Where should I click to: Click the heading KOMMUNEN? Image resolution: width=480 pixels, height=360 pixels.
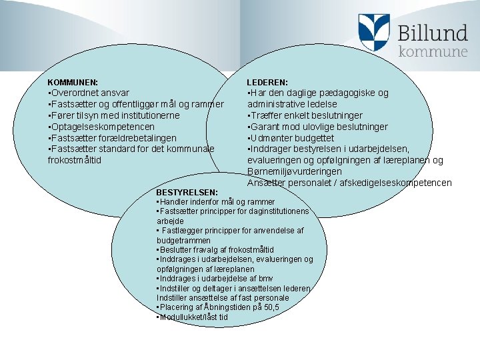pyautogui.click(x=73, y=82)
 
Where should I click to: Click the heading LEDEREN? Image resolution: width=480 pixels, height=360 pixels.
pyautogui.click(x=267, y=82)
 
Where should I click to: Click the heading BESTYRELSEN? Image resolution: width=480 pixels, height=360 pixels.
pyautogui.click(x=181, y=193)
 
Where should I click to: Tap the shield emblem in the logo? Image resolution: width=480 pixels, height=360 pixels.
pyautogui.click(x=374, y=33)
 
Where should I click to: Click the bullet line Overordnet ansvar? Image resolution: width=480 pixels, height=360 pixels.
pyautogui.click(x=89, y=93)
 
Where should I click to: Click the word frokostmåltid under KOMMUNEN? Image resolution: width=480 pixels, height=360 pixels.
pyautogui.click(x=74, y=160)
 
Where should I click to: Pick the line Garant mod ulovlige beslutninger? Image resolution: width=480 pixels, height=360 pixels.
pyautogui.click(x=318, y=127)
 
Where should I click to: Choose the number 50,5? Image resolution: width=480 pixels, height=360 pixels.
pyautogui.click(x=271, y=307)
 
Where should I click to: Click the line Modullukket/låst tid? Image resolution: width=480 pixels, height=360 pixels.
pyautogui.click(x=192, y=317)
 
